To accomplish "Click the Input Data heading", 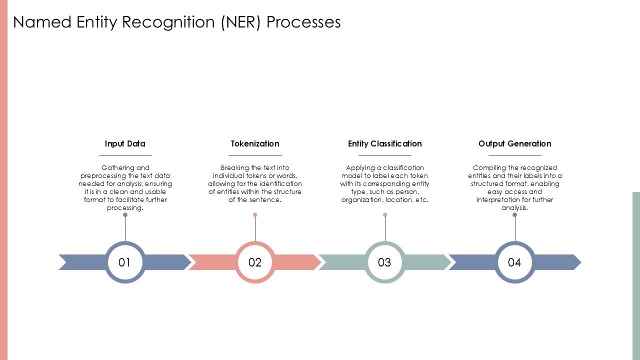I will click(125, 143).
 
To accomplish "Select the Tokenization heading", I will click(255, 143).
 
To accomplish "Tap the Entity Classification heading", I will click(385, 143).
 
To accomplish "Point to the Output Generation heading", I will click(515, 143).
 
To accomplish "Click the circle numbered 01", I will click(125, 262).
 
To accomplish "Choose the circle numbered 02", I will click(255, 262).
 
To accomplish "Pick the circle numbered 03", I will click(385, 262).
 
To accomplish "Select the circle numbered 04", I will click(515, 262).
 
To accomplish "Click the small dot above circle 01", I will click(125, 215).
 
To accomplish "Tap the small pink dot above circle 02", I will click(255, 215).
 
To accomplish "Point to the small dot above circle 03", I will click(385, 215).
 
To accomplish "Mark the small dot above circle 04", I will click(515, 215).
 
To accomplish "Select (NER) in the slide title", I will click(241, 22).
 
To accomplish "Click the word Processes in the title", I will click(303, 22).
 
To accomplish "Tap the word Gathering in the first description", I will click(118, 168).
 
